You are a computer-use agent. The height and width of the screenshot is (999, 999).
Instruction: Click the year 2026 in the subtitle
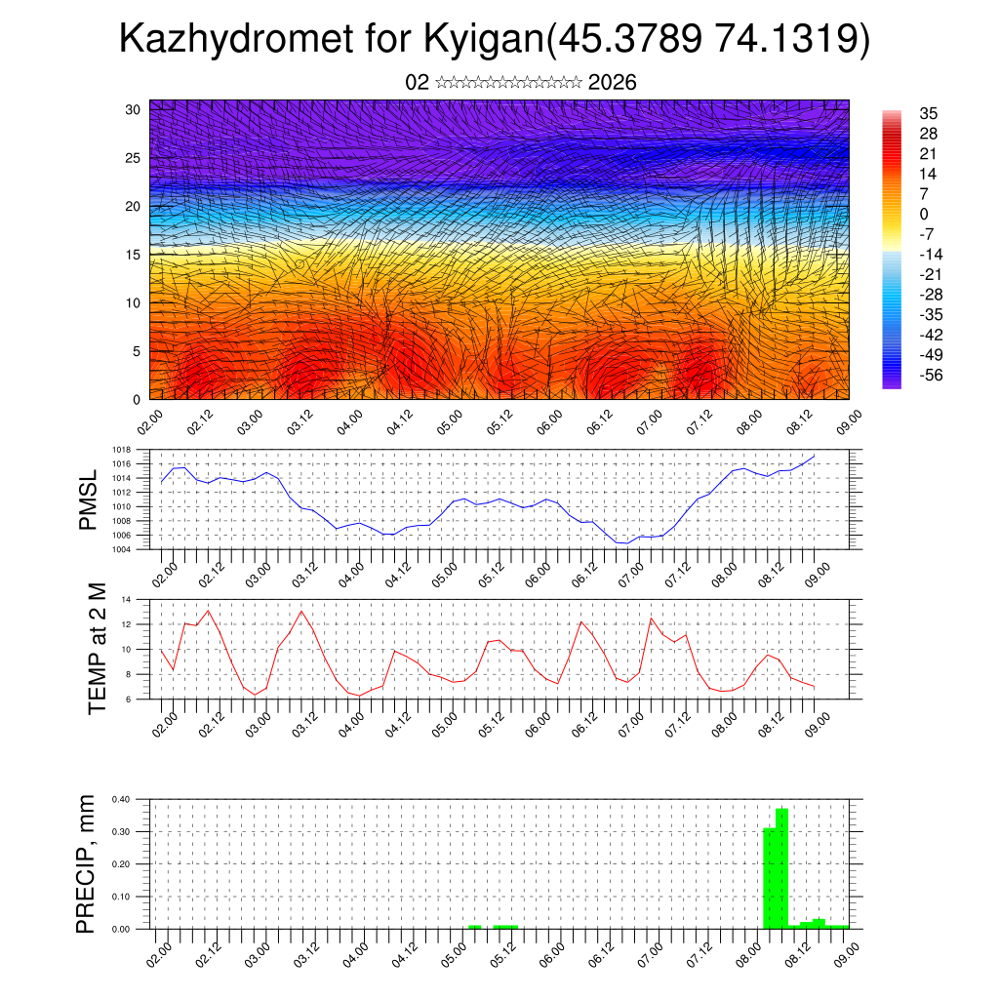[613, 83]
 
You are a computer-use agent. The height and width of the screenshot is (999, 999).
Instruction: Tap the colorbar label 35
[928, 114]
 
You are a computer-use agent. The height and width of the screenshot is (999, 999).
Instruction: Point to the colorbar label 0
[923, 214]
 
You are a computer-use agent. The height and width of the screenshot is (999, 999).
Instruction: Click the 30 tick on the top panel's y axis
[133, 109]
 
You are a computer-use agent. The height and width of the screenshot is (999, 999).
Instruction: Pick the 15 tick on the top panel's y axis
[133, 255]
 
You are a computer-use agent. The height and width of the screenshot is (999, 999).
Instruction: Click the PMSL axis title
[88, 499]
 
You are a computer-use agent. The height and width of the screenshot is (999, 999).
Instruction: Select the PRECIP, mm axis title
[88, 863]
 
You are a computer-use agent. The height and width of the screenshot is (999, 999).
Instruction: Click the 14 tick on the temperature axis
[126, 599]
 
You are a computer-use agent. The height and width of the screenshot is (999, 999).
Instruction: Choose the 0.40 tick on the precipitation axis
[121, 799]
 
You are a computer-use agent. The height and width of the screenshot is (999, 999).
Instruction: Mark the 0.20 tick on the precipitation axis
[121, 864]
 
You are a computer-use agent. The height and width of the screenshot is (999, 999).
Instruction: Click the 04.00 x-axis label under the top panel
[350, 421]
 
